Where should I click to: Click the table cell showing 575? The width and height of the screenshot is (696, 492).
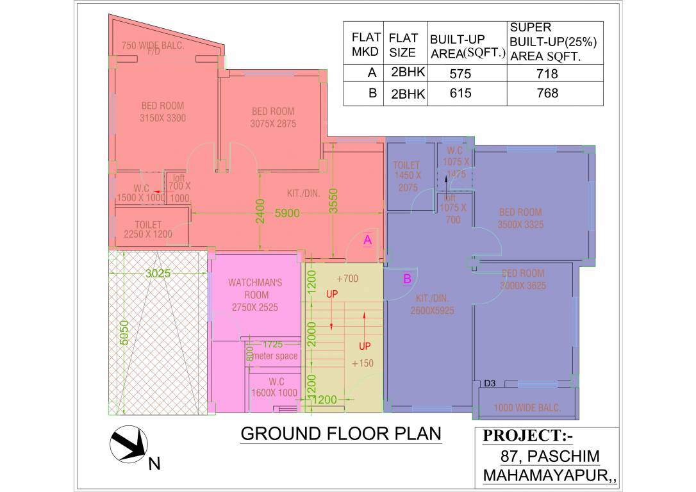click(x=460, y=74)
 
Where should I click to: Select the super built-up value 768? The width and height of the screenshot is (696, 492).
click(x=547, y=94)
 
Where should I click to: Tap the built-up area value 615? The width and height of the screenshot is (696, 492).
click(x=460, y=94)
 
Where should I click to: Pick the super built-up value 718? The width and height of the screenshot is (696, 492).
click(x=547, y=74)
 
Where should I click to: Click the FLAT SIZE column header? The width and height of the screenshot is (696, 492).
click(x=403, y=45)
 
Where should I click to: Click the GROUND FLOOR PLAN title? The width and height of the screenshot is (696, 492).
click(x=341, y=434)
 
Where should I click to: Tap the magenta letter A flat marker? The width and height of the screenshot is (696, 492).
click(x=367, y=240)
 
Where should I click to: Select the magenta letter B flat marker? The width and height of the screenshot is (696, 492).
click(x=407, y=279)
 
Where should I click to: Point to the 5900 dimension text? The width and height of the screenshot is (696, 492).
click(x=287, y=213)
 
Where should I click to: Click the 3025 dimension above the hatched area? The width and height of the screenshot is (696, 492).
click(x=158, y=273)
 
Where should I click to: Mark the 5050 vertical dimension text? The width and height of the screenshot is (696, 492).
click(x=124, y=332)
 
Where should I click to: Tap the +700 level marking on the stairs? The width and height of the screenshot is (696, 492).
click(x=347, y=279)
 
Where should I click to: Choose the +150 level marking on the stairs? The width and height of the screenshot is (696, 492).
click(x=363, y=363)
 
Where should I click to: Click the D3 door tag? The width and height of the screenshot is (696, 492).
click(x=490, y=384)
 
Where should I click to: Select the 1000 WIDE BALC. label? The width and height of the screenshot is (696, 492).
click(x=527, y=407)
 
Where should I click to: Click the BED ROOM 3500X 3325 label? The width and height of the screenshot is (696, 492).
click(x=520, y=218)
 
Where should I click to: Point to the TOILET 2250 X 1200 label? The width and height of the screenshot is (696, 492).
click(x=148, y=230)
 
